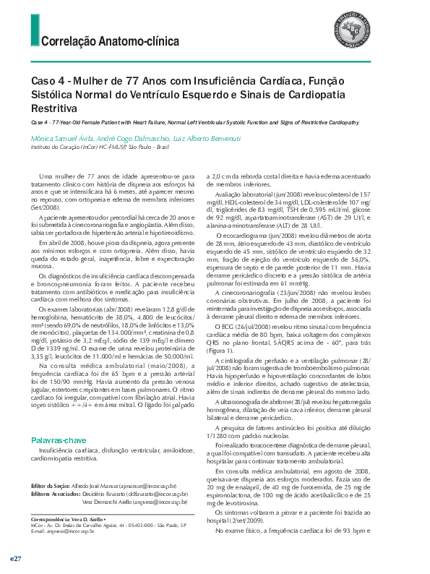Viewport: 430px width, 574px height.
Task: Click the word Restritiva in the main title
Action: [53, 108]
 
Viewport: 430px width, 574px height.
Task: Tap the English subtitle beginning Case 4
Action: [194, 123]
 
